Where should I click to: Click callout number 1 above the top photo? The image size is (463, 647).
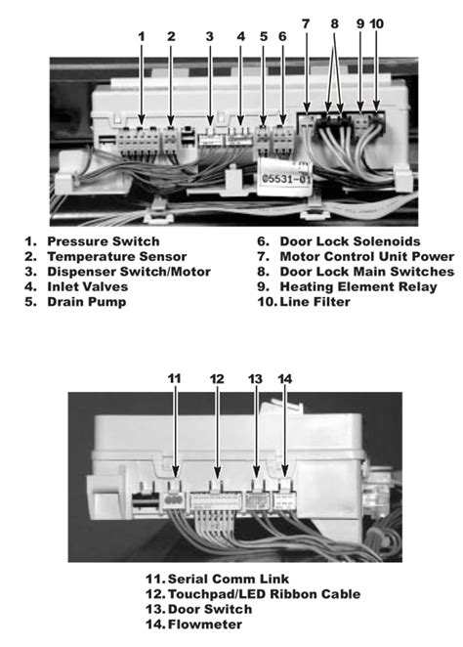click(x=142, y=36)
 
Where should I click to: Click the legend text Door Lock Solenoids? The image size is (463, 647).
click(x=350, y=240)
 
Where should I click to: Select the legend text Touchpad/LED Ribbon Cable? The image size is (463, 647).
click(x=264, y=593)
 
